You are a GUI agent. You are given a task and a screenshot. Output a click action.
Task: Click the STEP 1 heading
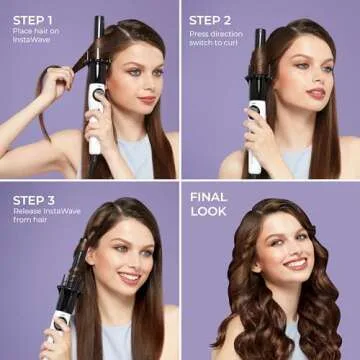34,20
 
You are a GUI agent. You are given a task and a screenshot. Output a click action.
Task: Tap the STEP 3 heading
34,198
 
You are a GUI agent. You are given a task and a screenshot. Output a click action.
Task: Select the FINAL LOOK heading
209,203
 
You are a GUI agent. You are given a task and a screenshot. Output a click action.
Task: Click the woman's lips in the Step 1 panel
147,99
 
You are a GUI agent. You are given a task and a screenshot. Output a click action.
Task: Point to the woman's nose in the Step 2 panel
314,78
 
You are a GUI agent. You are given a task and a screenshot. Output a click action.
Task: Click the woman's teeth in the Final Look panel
294,263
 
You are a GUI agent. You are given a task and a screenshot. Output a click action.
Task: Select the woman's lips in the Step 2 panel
315,92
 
